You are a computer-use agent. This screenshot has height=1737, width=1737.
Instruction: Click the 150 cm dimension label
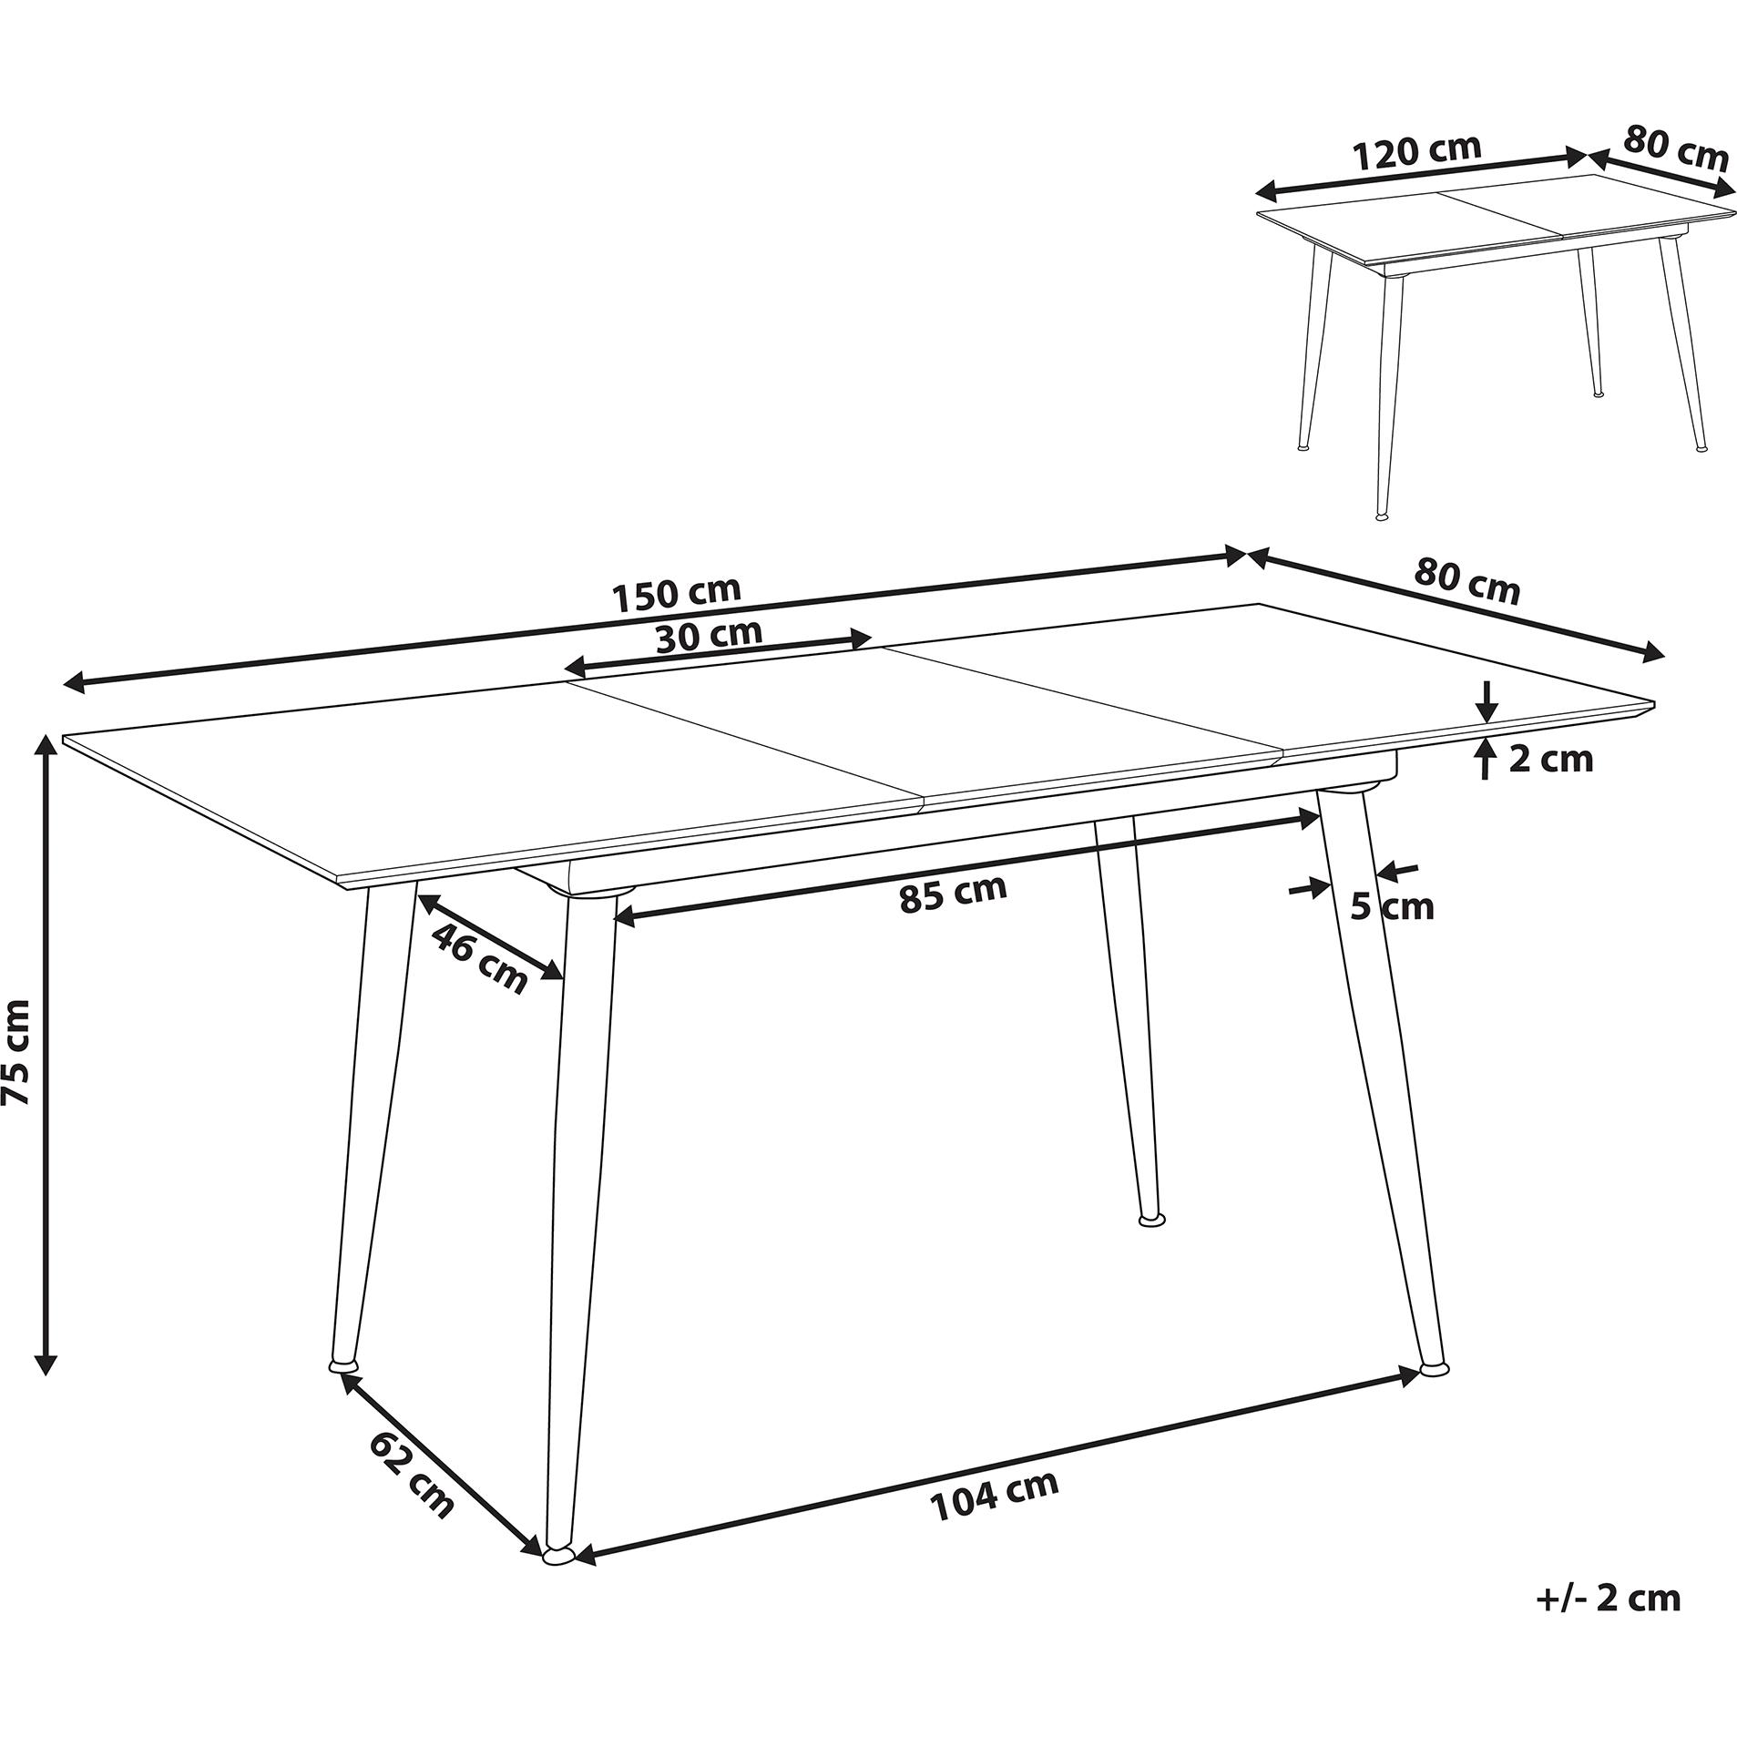pyautogui.click(x=676, y=594)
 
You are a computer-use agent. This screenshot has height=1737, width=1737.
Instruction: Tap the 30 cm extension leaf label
pyautogui.click(x=709, y=635)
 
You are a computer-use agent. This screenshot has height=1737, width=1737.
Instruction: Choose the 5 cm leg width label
pyautogui.click(x=1392, y=906)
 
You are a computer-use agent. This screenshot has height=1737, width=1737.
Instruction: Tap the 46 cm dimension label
pyautogui.click(x=478, y=957)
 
